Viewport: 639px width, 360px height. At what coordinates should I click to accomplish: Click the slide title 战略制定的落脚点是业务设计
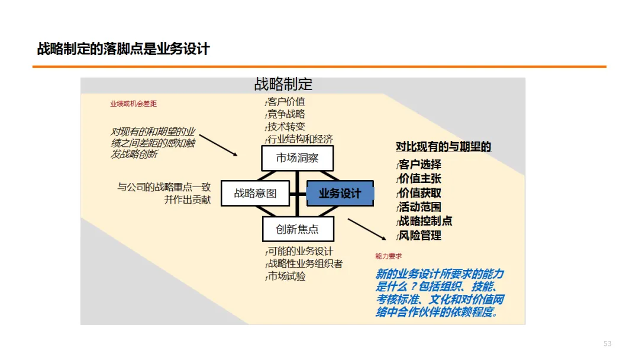pos(124,49)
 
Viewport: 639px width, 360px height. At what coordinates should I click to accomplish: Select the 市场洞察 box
pos(297,159)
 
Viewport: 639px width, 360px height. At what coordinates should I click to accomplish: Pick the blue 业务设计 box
pos(340,194)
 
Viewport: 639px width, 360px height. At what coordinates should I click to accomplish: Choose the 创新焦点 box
pos(297,229)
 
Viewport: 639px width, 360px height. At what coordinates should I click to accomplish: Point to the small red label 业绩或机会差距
pos(133,104)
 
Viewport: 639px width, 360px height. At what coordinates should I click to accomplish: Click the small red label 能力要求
pos(388,256)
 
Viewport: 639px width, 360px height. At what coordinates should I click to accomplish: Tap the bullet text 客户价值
pos(286,102)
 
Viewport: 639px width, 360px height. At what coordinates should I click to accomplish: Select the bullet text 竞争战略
pos(286,114)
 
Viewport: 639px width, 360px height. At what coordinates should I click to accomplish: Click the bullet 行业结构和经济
pos(300,139)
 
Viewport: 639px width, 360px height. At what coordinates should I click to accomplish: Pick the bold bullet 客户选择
pos(420,165)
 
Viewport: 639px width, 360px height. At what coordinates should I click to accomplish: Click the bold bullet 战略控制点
pos(425,221)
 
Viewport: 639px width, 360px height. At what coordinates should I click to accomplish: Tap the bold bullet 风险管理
pos(420,235)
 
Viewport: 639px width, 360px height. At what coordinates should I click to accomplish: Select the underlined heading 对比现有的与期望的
pos(444,147)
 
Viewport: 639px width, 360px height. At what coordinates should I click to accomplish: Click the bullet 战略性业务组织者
pos(305,263)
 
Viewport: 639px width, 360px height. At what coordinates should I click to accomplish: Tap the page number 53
pos(607,344)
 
